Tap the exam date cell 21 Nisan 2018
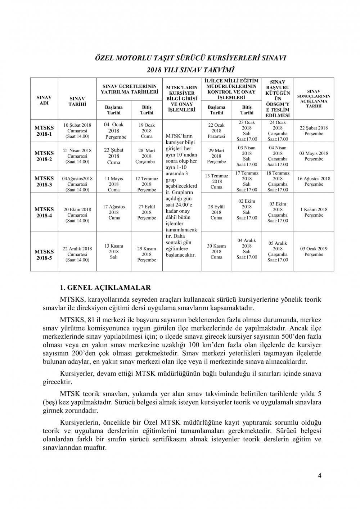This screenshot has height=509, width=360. coord(77,156)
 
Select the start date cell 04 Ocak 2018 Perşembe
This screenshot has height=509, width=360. coord(114,130)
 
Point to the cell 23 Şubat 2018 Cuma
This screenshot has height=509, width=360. coord(114,156)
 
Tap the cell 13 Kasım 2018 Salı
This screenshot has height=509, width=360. coord(114,251)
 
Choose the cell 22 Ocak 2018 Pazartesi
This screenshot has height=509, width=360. coord(216,130)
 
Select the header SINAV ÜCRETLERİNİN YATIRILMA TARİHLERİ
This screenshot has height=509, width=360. coord(130,89)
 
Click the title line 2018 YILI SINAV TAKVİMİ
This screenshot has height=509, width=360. coord(190,70)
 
